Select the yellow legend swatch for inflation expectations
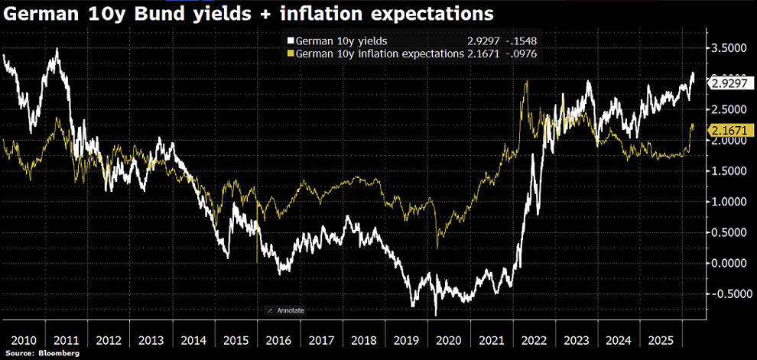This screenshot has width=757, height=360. coord(291,54)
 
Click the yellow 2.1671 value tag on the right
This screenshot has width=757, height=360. coord(729,131)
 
